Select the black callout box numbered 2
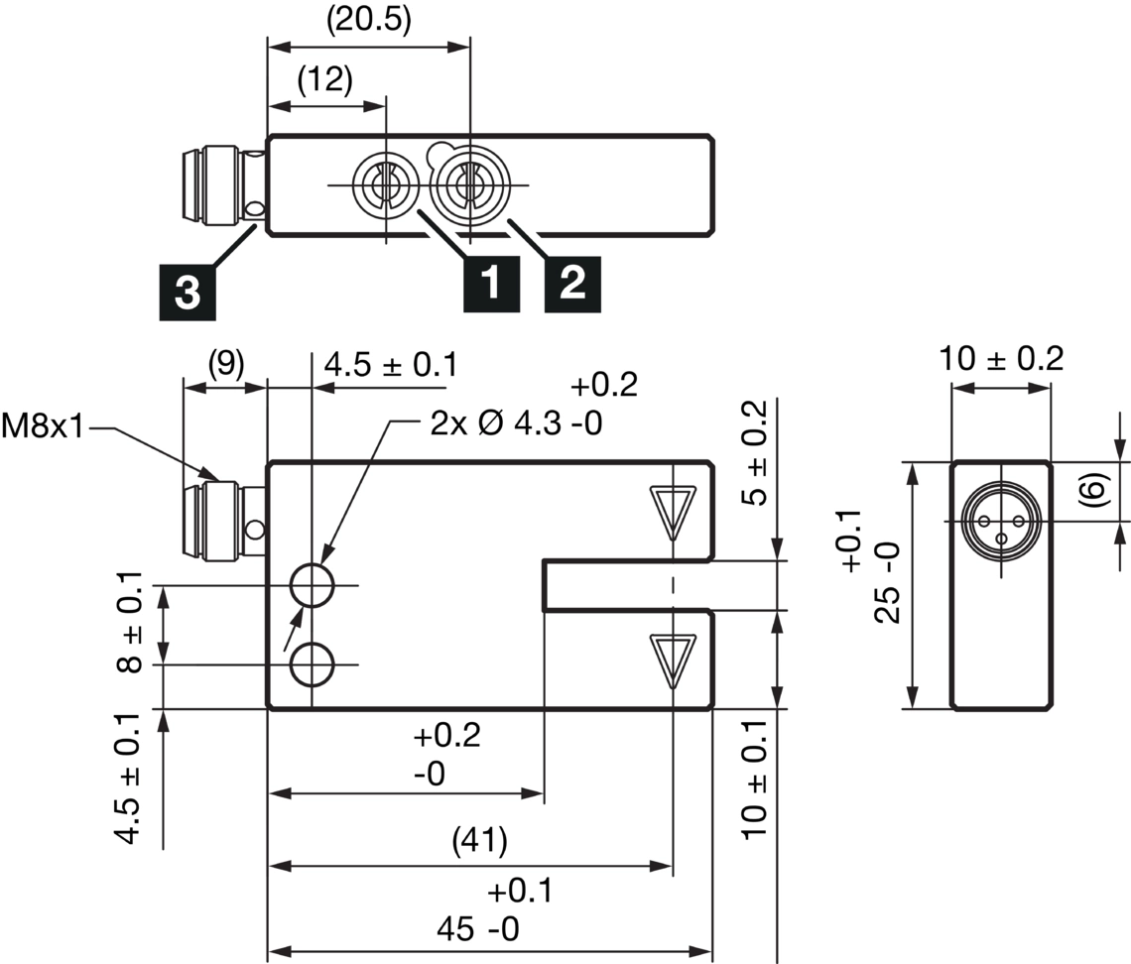tap(571, 284)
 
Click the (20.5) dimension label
tap(368, 21)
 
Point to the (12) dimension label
tap(324, 79)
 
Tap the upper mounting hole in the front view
tap(313, 586)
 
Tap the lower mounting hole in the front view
tap(313, 663)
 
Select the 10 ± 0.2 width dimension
tap(1001, 359)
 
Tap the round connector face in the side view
tap(1000, 521)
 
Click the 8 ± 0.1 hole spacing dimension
tap(130, 624)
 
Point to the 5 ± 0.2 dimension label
tap(755, 453)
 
